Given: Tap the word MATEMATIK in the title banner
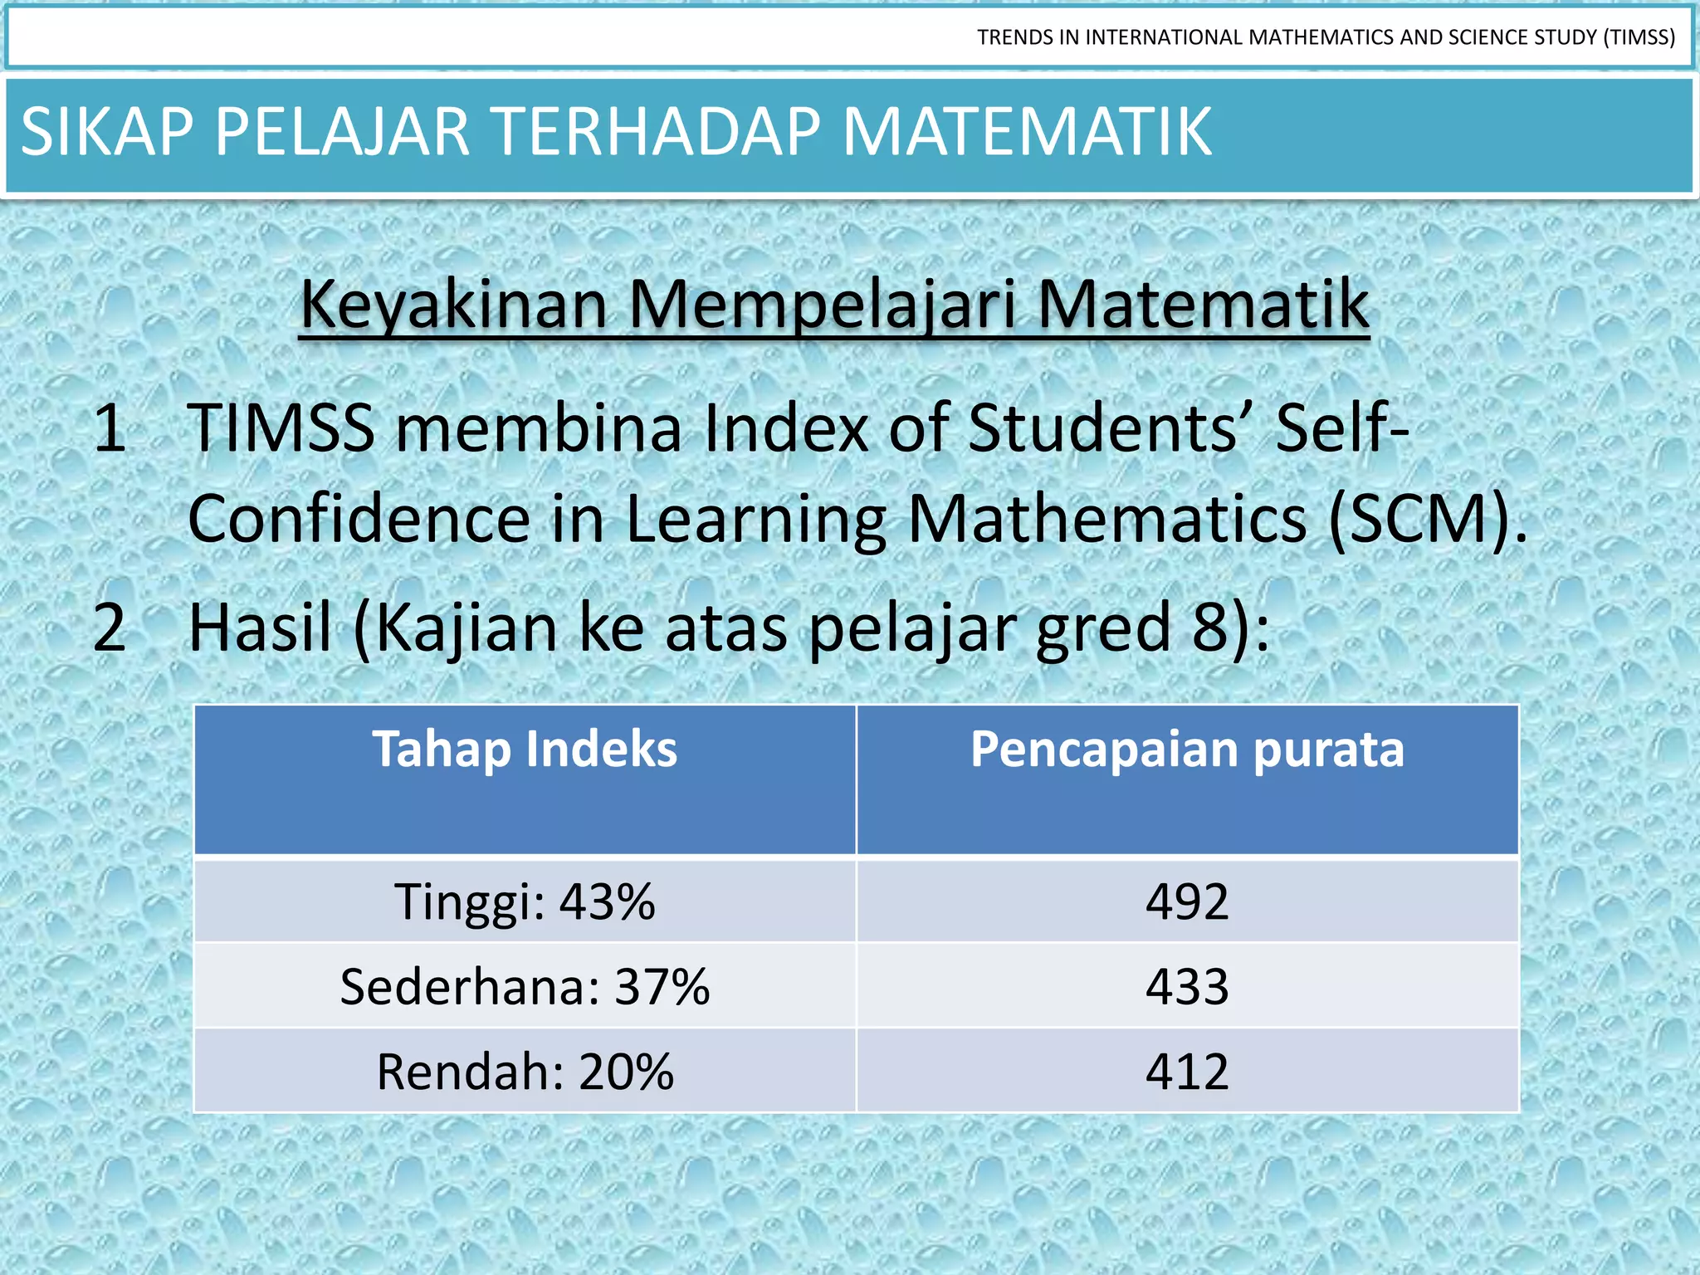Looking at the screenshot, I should pyautogui.click(x=1027, y=132).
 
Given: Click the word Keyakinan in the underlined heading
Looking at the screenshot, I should pyautogui.click(x=453, y=305).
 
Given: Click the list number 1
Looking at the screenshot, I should pyautogui.click(x=110, y=428).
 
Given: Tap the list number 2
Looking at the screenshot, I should pyautogui.click(x=110, y=628).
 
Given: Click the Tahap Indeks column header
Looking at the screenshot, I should pyautogui.click(x=525, y=750).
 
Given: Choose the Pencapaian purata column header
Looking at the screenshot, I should pyautogui.click(x=1187, y=750).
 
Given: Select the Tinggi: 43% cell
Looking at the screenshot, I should pyautogui.click(x=525, y=902).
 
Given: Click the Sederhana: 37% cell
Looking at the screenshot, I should pyautogui.click(x=525, y=987).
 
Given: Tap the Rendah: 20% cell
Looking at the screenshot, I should pyautogui.click(x=525, y=1072).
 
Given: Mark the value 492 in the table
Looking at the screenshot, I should pyautogui.click(x=1187, y=902).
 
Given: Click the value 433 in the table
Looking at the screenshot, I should pyautogui.click(x=1187, y=987).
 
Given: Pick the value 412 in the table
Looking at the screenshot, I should pyautogui.click(x=1187, y=1072).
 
